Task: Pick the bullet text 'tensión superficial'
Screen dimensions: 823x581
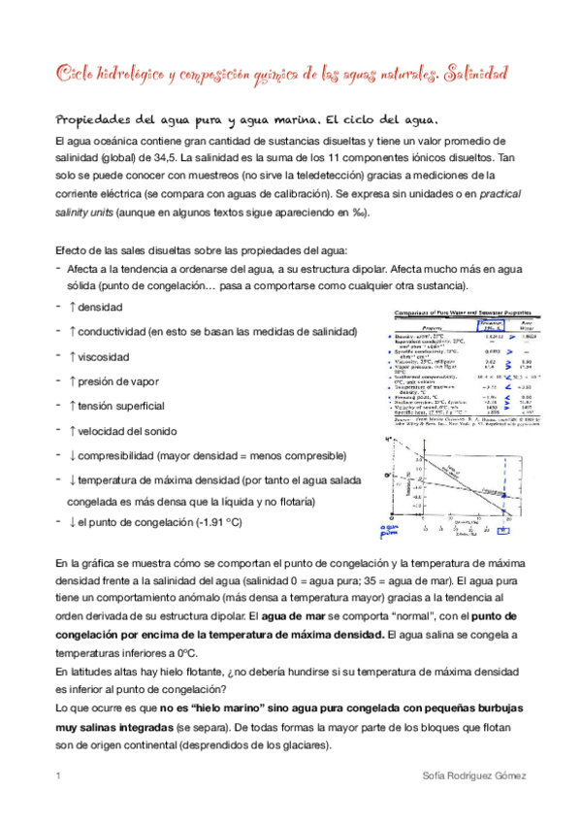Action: (121, 406)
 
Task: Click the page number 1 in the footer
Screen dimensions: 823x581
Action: (58, 777)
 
